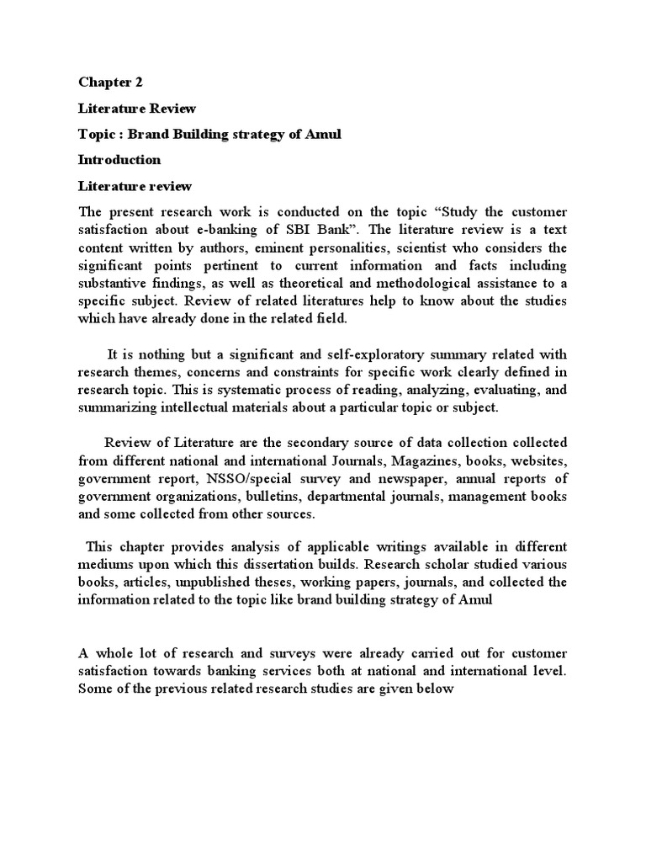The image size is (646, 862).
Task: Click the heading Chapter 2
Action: (x=111, y=82)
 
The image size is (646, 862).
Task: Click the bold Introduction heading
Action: (x=119, y=160)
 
